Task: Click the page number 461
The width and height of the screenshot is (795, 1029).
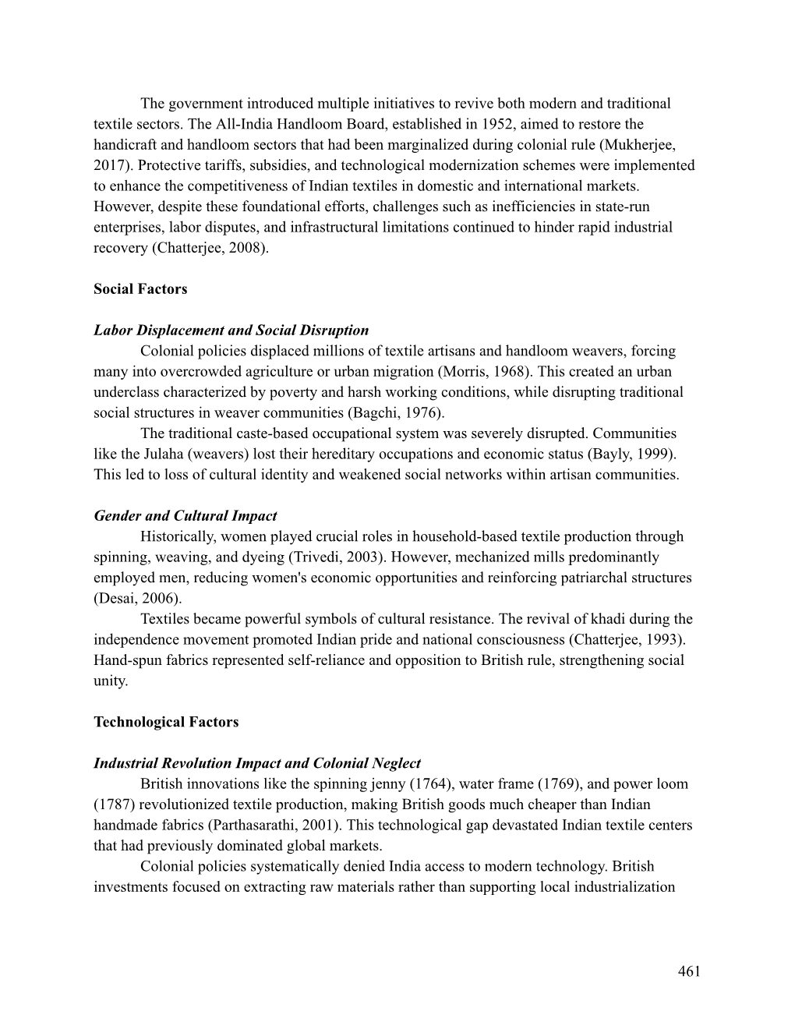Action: pyautogui.click(x=689, y=971)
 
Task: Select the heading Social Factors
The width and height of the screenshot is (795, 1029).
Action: pyautogui.click(x=140, y=289)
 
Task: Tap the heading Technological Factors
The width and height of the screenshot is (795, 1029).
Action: pyautogui.click(x=166, y=722)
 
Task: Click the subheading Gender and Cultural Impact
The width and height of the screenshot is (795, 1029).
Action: pyautogui.click(x=185, y=516)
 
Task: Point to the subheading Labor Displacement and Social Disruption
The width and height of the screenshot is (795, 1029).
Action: pyautogui.click(x=231, y=331)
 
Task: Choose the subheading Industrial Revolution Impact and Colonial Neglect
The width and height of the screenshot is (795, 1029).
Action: pyautogui.click(x=256, y=763)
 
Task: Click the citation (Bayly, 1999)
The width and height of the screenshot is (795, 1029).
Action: pyautogui.click(x=631, y=454)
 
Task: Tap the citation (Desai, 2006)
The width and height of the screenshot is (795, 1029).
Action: pyautogui.click(x=137, y=599)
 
